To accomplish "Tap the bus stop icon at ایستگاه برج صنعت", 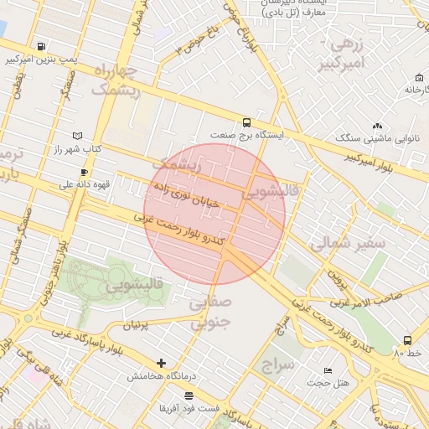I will (246, 121).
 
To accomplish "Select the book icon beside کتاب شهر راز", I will (78, 135).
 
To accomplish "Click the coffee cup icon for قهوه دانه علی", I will (84, 172).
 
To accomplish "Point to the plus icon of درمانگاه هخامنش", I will (161, 364).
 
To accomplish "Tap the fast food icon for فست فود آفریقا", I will (189, 395).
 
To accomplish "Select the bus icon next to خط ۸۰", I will (407, 340).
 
